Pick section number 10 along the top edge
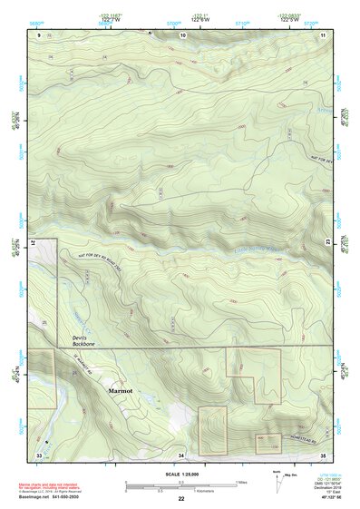click(184, 34)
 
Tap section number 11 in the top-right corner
click(324, 34)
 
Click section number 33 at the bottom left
click(39, 454)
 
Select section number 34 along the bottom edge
click(181, 454)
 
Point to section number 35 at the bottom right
click(323, 454)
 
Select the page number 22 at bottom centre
click(181, 499)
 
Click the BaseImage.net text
click(34, 498)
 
